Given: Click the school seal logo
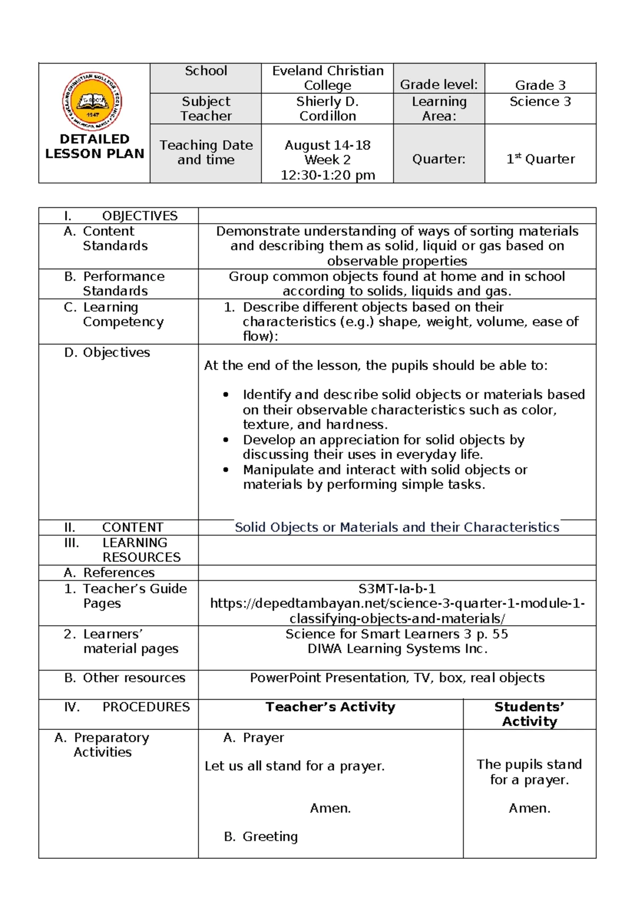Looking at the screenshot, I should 93,102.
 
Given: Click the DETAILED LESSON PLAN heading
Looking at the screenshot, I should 94,147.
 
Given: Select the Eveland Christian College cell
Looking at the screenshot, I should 328,78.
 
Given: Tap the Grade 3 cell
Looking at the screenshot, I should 540,85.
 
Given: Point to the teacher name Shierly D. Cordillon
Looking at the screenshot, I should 328,109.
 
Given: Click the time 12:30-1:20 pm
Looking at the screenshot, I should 328,175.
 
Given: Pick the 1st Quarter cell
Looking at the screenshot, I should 540,159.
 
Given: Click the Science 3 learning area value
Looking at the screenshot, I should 540,102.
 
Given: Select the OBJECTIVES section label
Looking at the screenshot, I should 139,216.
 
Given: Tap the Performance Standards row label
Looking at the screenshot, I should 123,283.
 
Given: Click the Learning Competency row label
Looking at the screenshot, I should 123,314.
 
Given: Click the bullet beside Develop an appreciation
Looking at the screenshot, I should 226,440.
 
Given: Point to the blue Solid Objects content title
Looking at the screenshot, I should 397,527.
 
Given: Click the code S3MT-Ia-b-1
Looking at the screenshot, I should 397,589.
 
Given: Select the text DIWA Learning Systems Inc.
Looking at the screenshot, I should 397,649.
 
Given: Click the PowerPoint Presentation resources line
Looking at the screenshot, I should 397,678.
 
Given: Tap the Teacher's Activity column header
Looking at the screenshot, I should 330,707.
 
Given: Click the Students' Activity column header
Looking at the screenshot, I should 529,714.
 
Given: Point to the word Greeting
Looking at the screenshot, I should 270,836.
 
